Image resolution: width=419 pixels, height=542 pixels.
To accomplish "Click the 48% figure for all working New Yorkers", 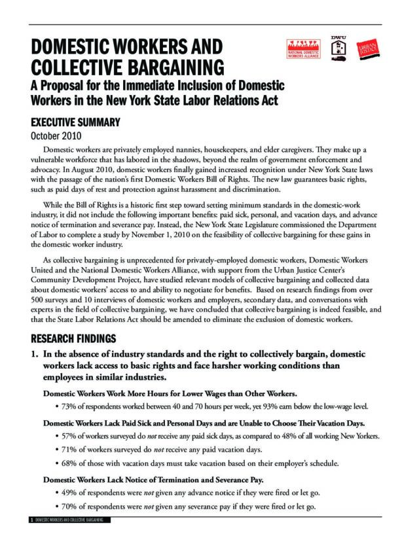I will point(294,437).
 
